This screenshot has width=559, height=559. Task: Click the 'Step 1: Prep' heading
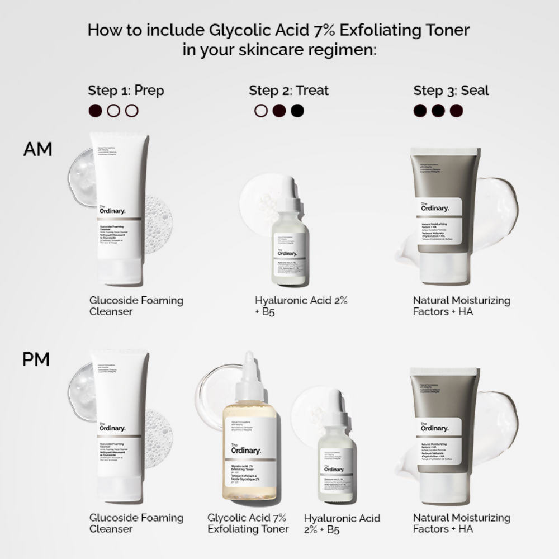pyautogui.click(x=126, y=91)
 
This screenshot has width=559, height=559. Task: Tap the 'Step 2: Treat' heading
pyautogui.click(x=288, y=91)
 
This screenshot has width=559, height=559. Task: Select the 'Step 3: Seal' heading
pyautogui.click(x=451, y=91)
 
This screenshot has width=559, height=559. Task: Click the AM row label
pyautogui.click(x=37, y=149)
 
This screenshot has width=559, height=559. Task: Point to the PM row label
pyautogui.click(x=36, y=360)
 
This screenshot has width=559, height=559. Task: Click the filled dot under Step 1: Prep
pyautogui.click(x=96, y=111)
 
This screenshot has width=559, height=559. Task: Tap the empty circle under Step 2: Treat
pyautogui.click(x=261, y=111)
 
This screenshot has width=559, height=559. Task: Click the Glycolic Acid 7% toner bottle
pyautogui.click(x=249, y=442)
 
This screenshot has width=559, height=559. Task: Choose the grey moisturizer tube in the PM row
pyautogui.click(x=444, y=428)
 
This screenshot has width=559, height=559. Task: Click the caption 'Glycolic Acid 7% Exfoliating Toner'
pyautogui.click(x=248, y=523)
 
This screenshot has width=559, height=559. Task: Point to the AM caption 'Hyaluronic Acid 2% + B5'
pyautogui.click(x=301, y=306)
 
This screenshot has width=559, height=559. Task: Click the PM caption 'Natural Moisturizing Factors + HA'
pyautogui.click(x=461, y=523)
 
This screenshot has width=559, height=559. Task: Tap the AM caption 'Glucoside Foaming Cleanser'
pyautogui.click(x=136, y=306)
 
